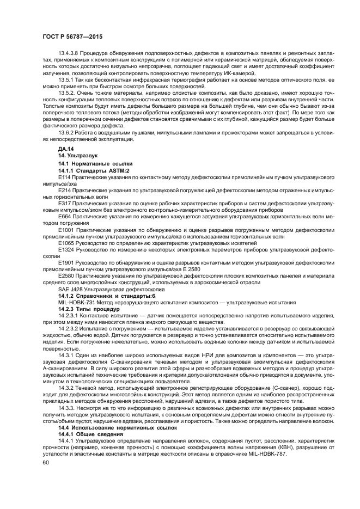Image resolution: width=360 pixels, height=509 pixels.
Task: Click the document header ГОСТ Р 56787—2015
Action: coord(72,36)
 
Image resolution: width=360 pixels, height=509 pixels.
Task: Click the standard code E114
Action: coord(64,177)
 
